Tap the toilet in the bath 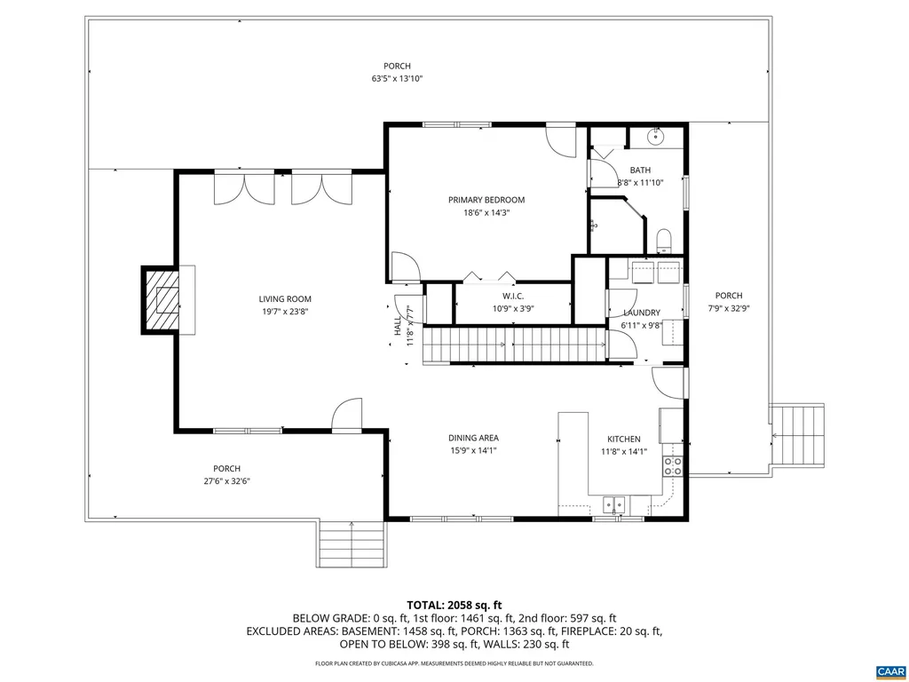(663, 240)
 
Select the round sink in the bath (656, 136)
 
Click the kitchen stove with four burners (673, 466)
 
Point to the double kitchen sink (614, 504)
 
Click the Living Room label (285, 299)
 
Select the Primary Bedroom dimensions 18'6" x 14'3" (486, 212)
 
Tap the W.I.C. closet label (512, 296)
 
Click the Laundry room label (641, 313)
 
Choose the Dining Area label (472, 438)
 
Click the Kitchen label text (623, 439)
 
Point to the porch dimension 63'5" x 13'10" (397, 79)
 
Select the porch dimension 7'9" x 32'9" (729, 308)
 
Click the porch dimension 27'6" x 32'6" (226, 481)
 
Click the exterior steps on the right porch (797, 435)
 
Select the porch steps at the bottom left (352, 543)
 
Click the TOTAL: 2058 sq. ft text (454, 605)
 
